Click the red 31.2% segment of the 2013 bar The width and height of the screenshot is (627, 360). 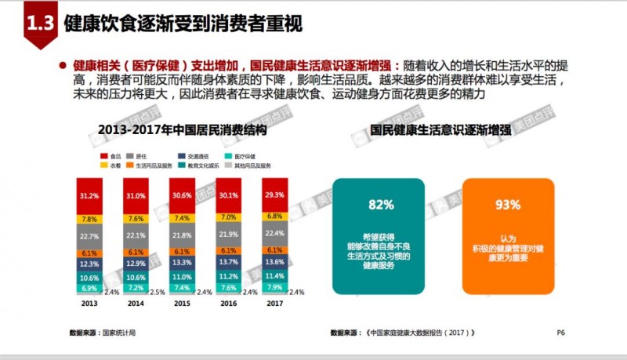89,195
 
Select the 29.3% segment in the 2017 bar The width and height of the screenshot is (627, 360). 275,195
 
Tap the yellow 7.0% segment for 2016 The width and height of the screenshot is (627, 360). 228,217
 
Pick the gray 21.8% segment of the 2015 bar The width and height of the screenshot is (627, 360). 181,235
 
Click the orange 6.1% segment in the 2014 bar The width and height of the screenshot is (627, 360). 135,253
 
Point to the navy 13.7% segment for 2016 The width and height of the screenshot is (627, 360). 228,261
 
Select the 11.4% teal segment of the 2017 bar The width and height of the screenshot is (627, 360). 275,276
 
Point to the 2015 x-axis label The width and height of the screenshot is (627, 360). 181,303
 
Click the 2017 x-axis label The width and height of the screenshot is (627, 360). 275,303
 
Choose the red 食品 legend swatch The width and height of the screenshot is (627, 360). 104,157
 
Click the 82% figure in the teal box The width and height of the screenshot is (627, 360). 380,205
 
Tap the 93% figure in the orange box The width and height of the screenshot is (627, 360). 509,205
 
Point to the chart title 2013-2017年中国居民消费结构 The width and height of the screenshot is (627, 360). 183,128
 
